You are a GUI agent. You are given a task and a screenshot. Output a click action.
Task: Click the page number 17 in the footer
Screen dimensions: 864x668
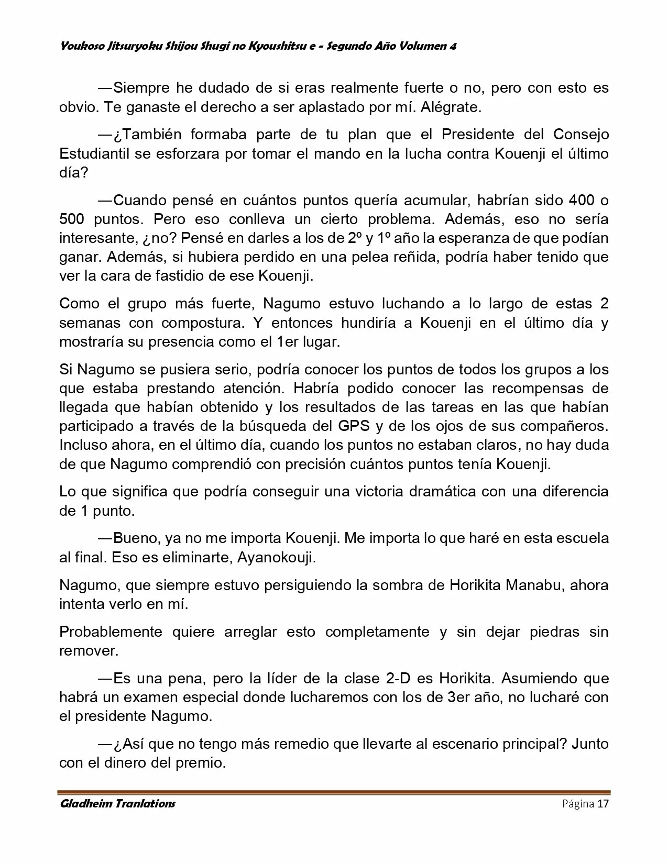pos(603,804)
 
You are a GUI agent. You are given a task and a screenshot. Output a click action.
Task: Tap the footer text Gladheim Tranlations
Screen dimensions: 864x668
pos(117,803)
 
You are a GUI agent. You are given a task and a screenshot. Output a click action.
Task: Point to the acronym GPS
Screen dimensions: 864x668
pos(354,426)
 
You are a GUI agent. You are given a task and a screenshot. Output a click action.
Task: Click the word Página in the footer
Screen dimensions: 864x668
pos(578,804)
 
